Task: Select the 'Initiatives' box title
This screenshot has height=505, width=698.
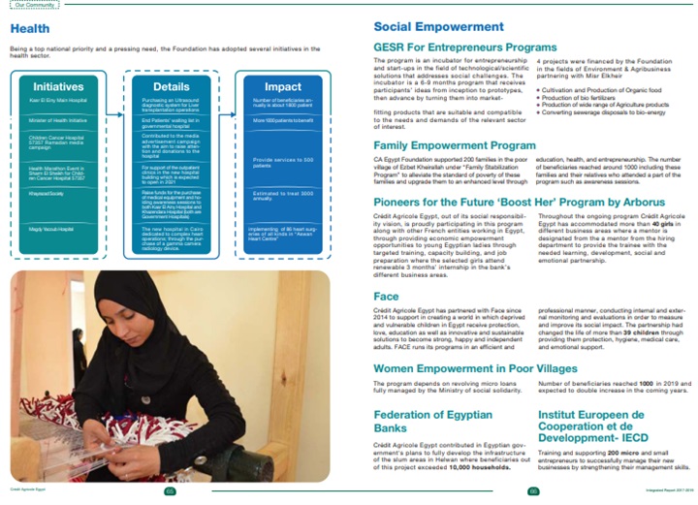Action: coord(49,86)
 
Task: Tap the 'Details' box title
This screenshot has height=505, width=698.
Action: coord(171,86)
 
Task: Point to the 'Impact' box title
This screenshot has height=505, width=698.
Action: coord(284,86)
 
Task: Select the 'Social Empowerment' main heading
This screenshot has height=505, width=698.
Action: coord(438,26)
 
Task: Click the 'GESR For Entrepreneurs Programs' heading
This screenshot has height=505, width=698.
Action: coord(464,46)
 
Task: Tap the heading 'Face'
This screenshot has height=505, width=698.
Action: coord(385,296)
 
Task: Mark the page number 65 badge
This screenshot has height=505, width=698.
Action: coord(170,491)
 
